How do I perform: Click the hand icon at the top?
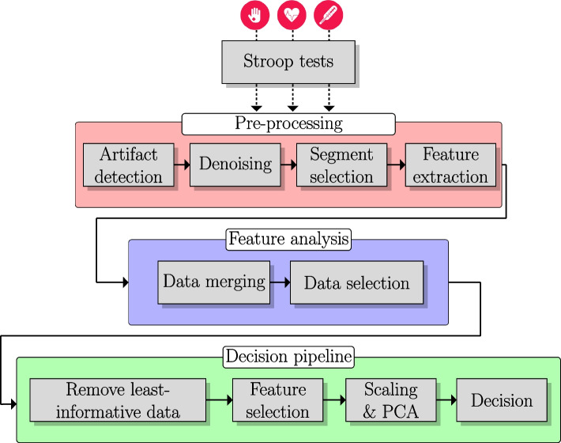click(x=256, y=15)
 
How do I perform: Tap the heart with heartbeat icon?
click(x=292, y=15)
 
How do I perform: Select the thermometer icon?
click(x=329, y=15)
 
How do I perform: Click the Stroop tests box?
click(x=288, y=62)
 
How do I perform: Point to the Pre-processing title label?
click(x=288, y=124)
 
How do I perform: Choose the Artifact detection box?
click(x=128, y=165)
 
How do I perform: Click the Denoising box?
click(x=235, y=165)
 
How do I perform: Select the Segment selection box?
click(x=342, y=165)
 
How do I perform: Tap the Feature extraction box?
click(x=450, y=165)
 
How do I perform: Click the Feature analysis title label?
click(x=288, y=240)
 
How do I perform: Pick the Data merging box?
click(x=213, y=282)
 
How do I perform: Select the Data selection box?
click(x=356, y=282)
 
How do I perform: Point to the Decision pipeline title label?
click(x=288, y=357)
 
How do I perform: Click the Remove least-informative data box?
click(x=118, y=400)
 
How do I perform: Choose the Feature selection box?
click(x=277, y=400)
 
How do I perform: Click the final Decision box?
click(x=502, y=400)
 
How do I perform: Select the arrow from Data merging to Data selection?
click(x=280, y=282)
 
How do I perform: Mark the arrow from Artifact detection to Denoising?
click(x=182, y=165)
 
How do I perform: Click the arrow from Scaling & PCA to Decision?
click(x=446, y=400)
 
